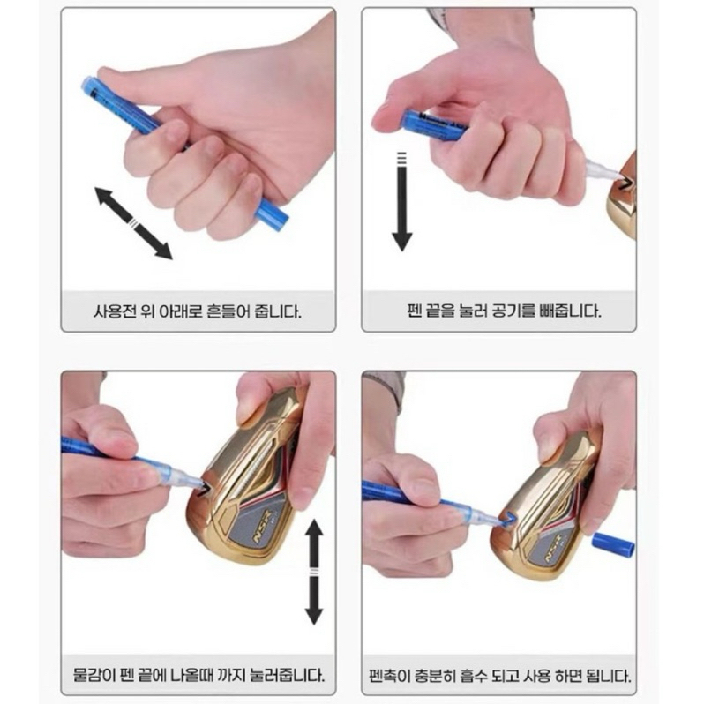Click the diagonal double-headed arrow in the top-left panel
pyautogui.click(x=133, y=223)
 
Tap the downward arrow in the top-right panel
pyautogui.click(x=401, y=202)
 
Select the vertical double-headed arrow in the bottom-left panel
pyautogui.click(x=314, y=572)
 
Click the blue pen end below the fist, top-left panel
pyautogui.click(x=273, y=213)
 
